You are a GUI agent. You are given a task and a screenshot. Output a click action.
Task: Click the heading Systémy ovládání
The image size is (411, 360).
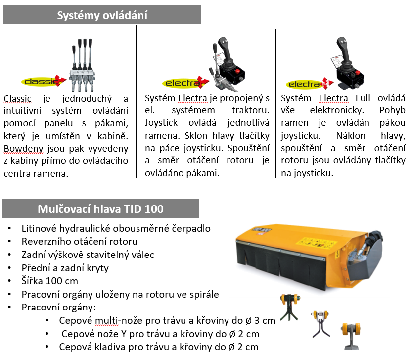point(102,15)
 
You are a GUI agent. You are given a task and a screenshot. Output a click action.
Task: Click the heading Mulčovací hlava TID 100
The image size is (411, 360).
point(100,208)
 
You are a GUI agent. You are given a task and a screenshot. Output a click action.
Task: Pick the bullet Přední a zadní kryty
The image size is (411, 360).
point(65,268)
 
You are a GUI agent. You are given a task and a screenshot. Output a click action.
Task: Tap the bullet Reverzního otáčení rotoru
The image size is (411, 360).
point(80,242)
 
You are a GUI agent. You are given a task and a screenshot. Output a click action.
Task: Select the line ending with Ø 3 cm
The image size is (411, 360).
point(167,320)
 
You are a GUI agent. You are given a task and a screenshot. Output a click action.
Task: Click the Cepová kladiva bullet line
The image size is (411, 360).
point(158,347)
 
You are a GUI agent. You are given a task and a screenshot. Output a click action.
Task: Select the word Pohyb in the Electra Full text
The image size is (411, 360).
point(392,110)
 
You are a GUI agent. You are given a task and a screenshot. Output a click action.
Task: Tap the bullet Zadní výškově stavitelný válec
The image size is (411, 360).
point(88,255)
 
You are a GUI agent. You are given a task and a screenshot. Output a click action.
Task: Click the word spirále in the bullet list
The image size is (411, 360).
point(202,294)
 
